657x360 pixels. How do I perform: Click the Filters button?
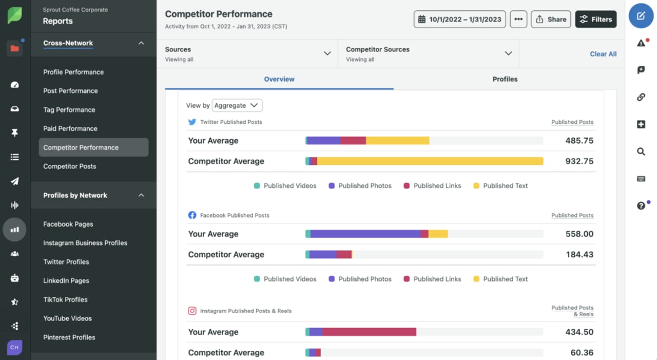pyautogui.click(x=595, y=20)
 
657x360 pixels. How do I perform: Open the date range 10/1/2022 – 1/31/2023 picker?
pyautogui.click(x=459, y=20)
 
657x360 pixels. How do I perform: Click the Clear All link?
pyautogui.click(x=603, y=54)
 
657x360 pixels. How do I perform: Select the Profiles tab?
pyautogui.click(x=505, y=79)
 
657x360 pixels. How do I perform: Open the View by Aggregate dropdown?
pyautogui.click(x=237, y=105)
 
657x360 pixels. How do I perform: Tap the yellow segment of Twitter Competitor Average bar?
pyautogui.click(x=430, y=161)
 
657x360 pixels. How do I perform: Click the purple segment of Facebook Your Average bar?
pyautogui.click(x=365, y=234)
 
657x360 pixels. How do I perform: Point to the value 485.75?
pyautogui.click(x=579, y=141)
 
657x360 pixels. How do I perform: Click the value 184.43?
pyautogui.click(x=579, y=255)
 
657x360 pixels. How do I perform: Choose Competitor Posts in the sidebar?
pyautogui.click(x=70, y=166)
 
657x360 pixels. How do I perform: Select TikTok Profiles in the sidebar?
pyautogui.click(x=65, y=299)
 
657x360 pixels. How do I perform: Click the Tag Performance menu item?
pyautogui.click(x=69, y=110)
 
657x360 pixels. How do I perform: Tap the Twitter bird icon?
pyautogui.click(x=192, y=122)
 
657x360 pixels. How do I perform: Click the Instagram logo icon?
pyautogui.click(x=192, y=311)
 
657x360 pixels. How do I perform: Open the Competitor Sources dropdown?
pyautogui.click(x=429, y=54)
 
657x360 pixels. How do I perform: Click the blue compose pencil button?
pyautogui.click(x=641, y=16)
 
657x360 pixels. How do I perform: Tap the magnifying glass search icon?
pyautogui.click(x=641, y=151)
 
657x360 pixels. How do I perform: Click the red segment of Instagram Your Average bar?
pyautogui.click(x=369, y=332)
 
